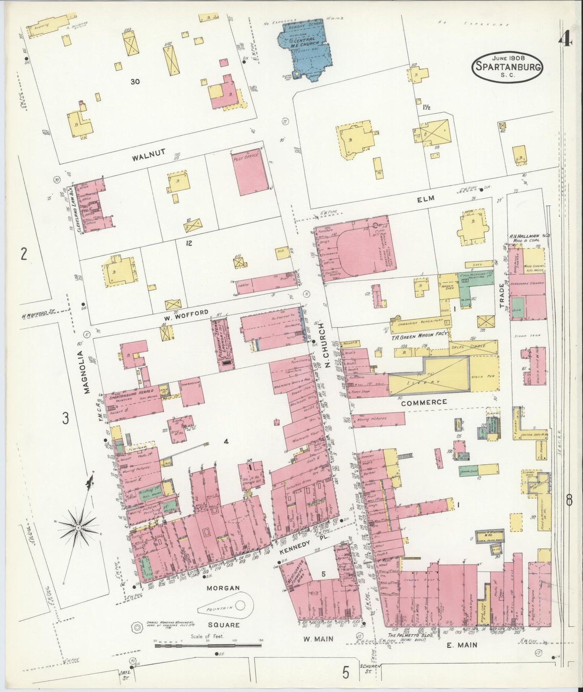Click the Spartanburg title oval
click(x=507, y=67)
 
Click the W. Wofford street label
click(x=193, y=312)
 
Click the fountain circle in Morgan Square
click(x=240, y=604)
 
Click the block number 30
click(x=135, y=82)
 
